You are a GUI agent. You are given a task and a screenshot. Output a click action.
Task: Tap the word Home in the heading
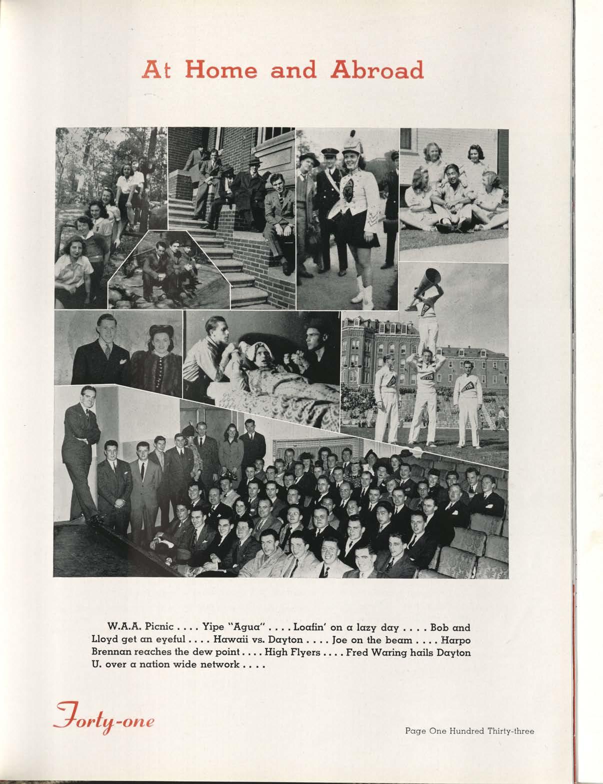(222, 71)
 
